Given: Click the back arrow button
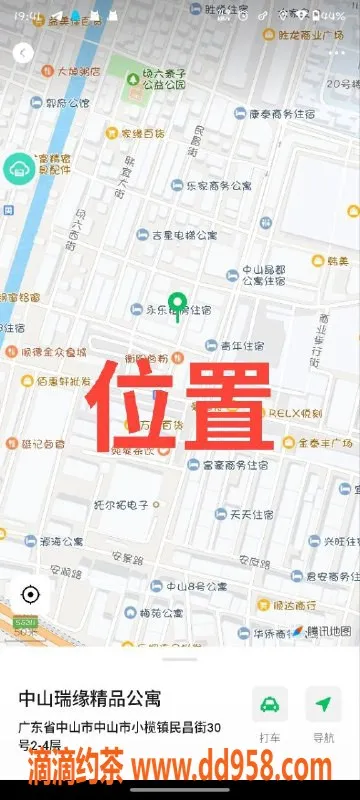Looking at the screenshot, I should click(x=24, y=52).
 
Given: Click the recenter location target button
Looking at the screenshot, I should click(x=30, y=595).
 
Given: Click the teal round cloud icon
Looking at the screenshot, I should click(x=19, y=168).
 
